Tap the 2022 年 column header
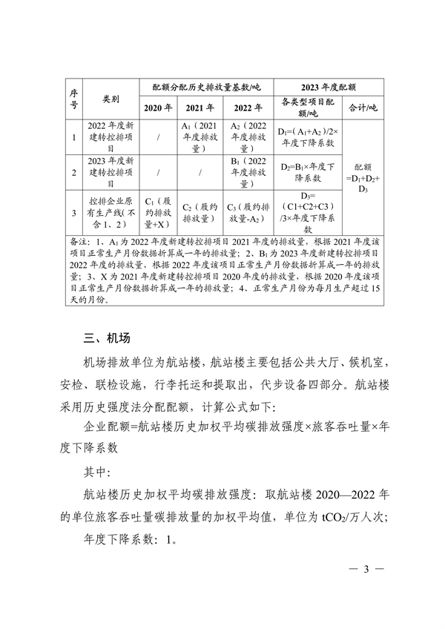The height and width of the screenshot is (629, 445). click(248, 108)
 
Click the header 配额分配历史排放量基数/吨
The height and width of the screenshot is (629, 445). click(205, 86)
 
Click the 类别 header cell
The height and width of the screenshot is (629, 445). click(110, 97)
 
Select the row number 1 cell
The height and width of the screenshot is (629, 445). click(73, 137)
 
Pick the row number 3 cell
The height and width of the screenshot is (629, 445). click(73, 213)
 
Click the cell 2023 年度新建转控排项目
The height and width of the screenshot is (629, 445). click(111, 172)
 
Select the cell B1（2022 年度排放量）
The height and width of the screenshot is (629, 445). click(248, 172)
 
